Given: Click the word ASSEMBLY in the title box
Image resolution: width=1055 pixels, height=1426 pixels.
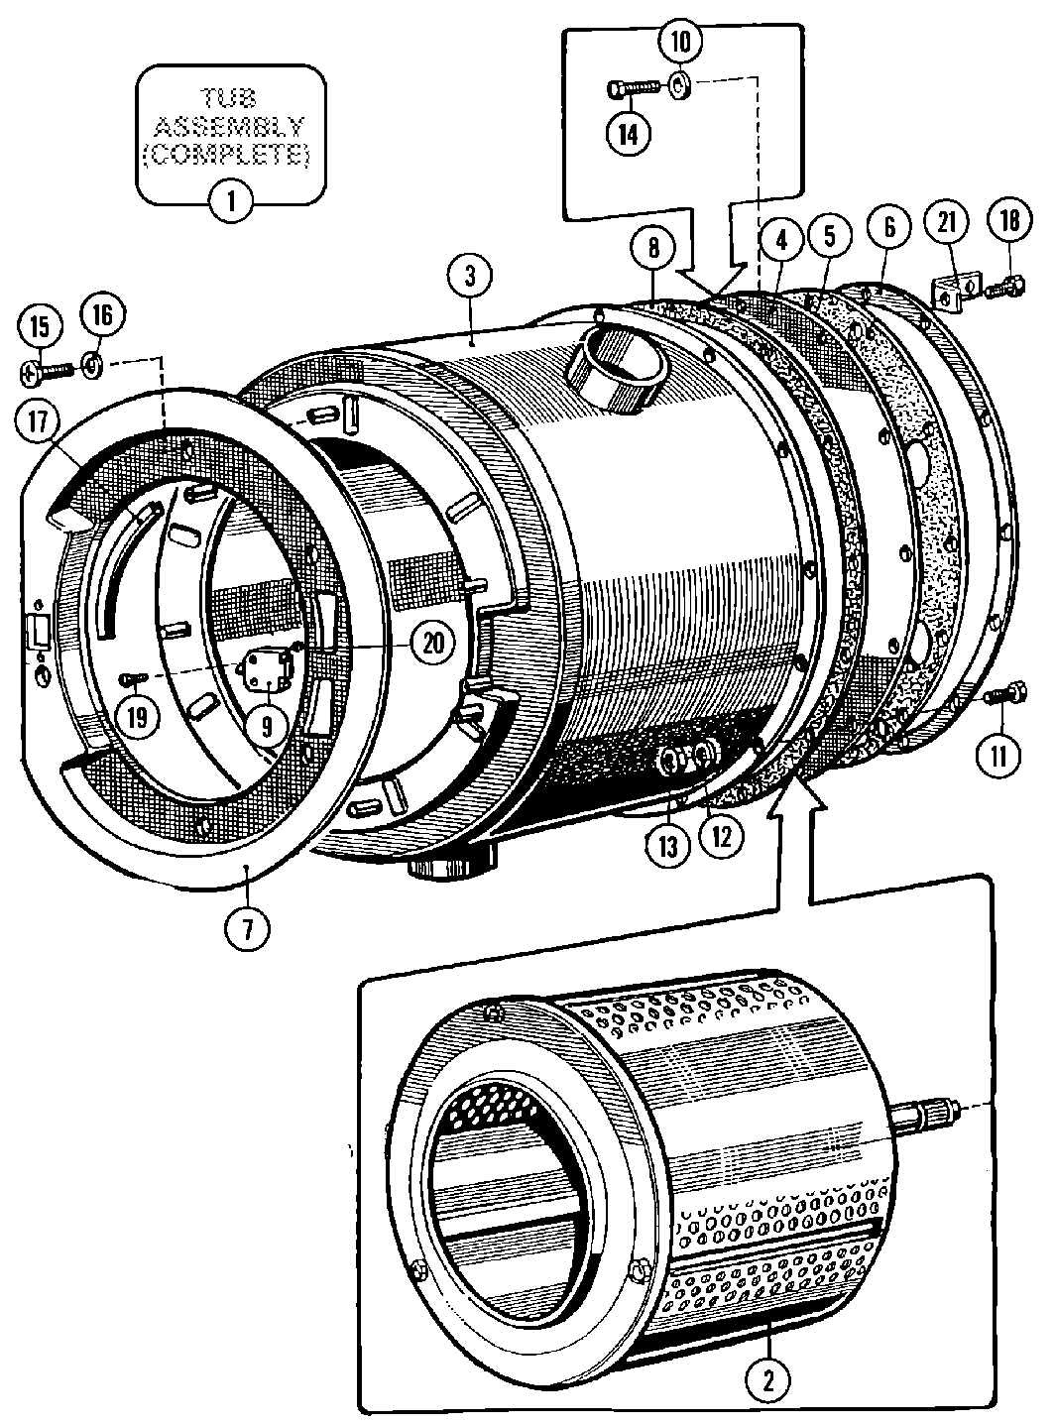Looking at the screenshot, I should coord(231,126).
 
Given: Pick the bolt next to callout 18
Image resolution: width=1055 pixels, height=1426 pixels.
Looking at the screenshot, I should coord(1002,287).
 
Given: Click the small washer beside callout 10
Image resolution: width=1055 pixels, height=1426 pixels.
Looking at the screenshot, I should coord(680,87).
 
